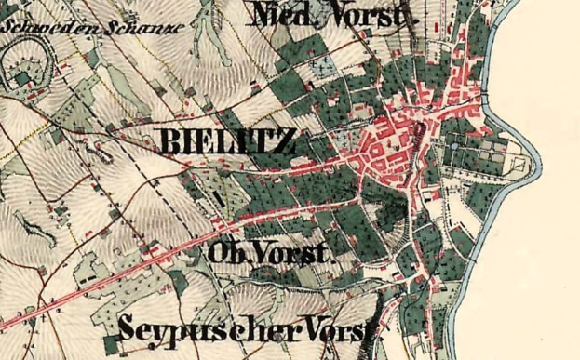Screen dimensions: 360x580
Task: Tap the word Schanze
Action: (98, 25)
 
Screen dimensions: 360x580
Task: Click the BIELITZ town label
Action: (228, 142)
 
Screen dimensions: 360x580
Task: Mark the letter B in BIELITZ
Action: (173, 142)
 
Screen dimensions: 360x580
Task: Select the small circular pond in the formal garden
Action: (455, 145)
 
